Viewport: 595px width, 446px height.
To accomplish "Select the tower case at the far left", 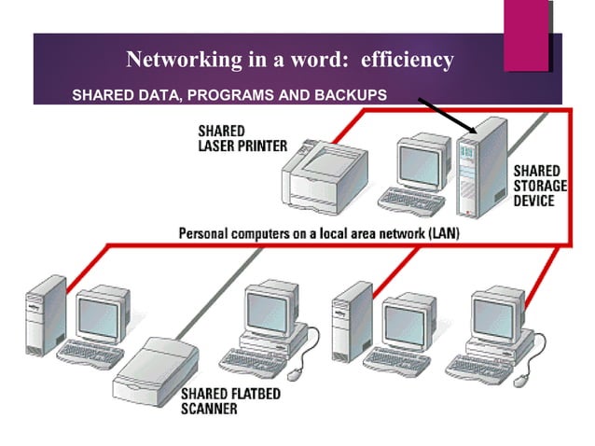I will (46, 313).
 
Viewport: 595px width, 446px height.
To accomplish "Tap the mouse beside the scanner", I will (295, 373).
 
